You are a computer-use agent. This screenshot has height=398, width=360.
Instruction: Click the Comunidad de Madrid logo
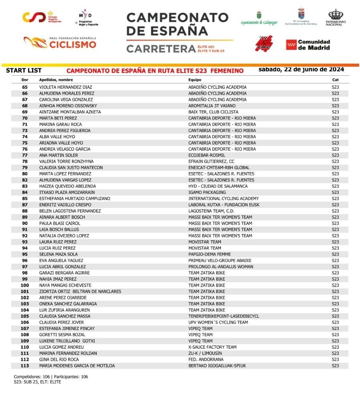[308, 44]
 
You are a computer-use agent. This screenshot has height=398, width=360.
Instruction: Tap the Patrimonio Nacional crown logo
[336, 18]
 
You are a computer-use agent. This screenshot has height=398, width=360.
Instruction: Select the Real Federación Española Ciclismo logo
[60, 42]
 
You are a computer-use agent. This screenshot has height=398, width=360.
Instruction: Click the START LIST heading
[24, 71]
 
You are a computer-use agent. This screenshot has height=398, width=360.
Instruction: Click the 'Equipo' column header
[195, 80]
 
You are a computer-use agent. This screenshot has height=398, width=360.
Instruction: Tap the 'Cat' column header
[335, 80]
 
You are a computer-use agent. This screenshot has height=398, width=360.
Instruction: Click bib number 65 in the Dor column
[25, 87]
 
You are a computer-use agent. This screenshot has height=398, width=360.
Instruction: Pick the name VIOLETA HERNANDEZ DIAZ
[66, 87]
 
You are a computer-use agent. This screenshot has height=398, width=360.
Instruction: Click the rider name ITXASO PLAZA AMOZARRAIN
[67, 193]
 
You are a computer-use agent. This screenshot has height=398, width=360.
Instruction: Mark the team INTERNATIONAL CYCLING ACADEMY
[223, 199]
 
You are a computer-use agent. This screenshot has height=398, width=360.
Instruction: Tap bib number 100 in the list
[25, 285]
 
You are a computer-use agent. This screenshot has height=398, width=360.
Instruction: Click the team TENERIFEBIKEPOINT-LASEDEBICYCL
[224, 316]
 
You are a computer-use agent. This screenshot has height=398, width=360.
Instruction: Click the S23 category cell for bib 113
[335, 366]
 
